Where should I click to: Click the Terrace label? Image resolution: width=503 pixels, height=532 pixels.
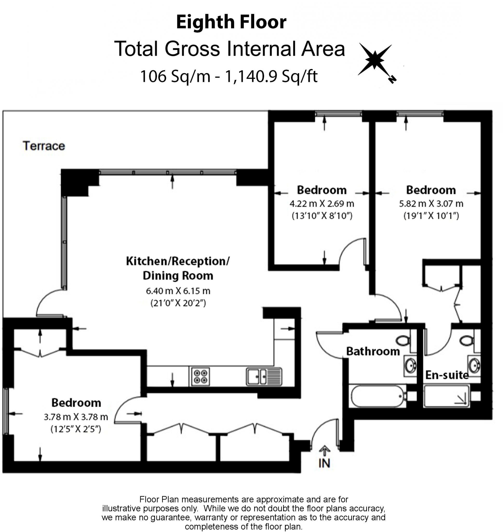44,146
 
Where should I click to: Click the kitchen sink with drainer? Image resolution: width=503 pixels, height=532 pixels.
264,376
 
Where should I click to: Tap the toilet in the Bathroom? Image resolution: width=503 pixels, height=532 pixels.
403,341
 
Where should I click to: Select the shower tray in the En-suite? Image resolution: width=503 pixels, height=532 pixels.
446,396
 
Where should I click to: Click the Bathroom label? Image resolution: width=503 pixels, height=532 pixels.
373,351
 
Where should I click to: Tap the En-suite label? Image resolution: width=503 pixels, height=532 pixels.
447,375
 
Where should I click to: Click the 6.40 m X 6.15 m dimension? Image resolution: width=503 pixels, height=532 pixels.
178,291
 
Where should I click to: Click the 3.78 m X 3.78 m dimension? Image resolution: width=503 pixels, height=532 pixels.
76,417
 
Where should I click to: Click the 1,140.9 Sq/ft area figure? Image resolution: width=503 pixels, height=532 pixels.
271,76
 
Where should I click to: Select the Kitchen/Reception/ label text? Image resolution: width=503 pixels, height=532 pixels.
178,261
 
